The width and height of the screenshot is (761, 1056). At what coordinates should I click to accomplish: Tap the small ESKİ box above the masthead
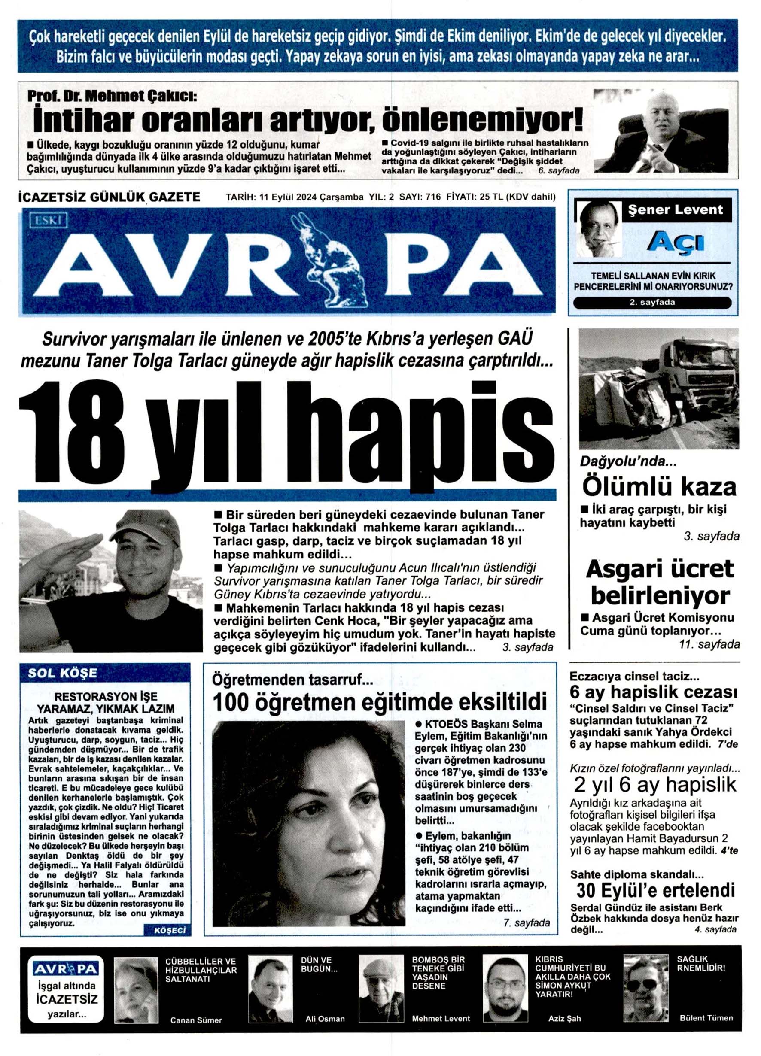(49, 220)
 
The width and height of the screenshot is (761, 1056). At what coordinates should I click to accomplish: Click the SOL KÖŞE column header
(62, 673)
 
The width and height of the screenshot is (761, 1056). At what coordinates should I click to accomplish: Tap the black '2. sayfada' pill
(652, 302)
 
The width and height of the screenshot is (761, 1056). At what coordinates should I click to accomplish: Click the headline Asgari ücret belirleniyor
(660, 582)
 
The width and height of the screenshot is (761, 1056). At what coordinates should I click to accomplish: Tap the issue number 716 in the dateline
(433, 197)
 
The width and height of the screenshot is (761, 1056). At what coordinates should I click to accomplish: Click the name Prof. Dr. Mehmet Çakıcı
(112, 97)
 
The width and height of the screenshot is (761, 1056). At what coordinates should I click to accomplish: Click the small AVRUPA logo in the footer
(66, 969)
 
